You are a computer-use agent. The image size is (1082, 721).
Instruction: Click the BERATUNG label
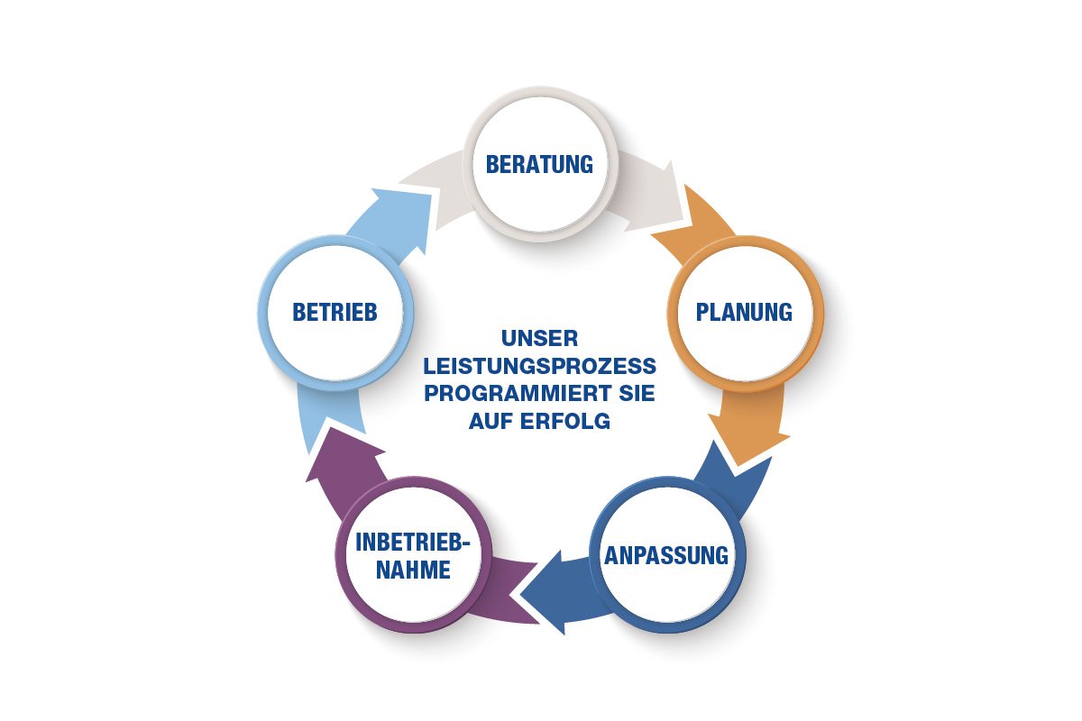539,164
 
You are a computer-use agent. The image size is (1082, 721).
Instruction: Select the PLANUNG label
745,312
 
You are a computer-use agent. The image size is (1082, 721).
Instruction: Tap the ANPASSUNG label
665,554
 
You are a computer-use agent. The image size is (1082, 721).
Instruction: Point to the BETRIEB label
334,312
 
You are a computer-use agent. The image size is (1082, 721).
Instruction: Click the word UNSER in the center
539,340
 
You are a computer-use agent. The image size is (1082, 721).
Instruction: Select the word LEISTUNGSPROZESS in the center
539,367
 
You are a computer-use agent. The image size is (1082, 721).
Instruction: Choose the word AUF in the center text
493,421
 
